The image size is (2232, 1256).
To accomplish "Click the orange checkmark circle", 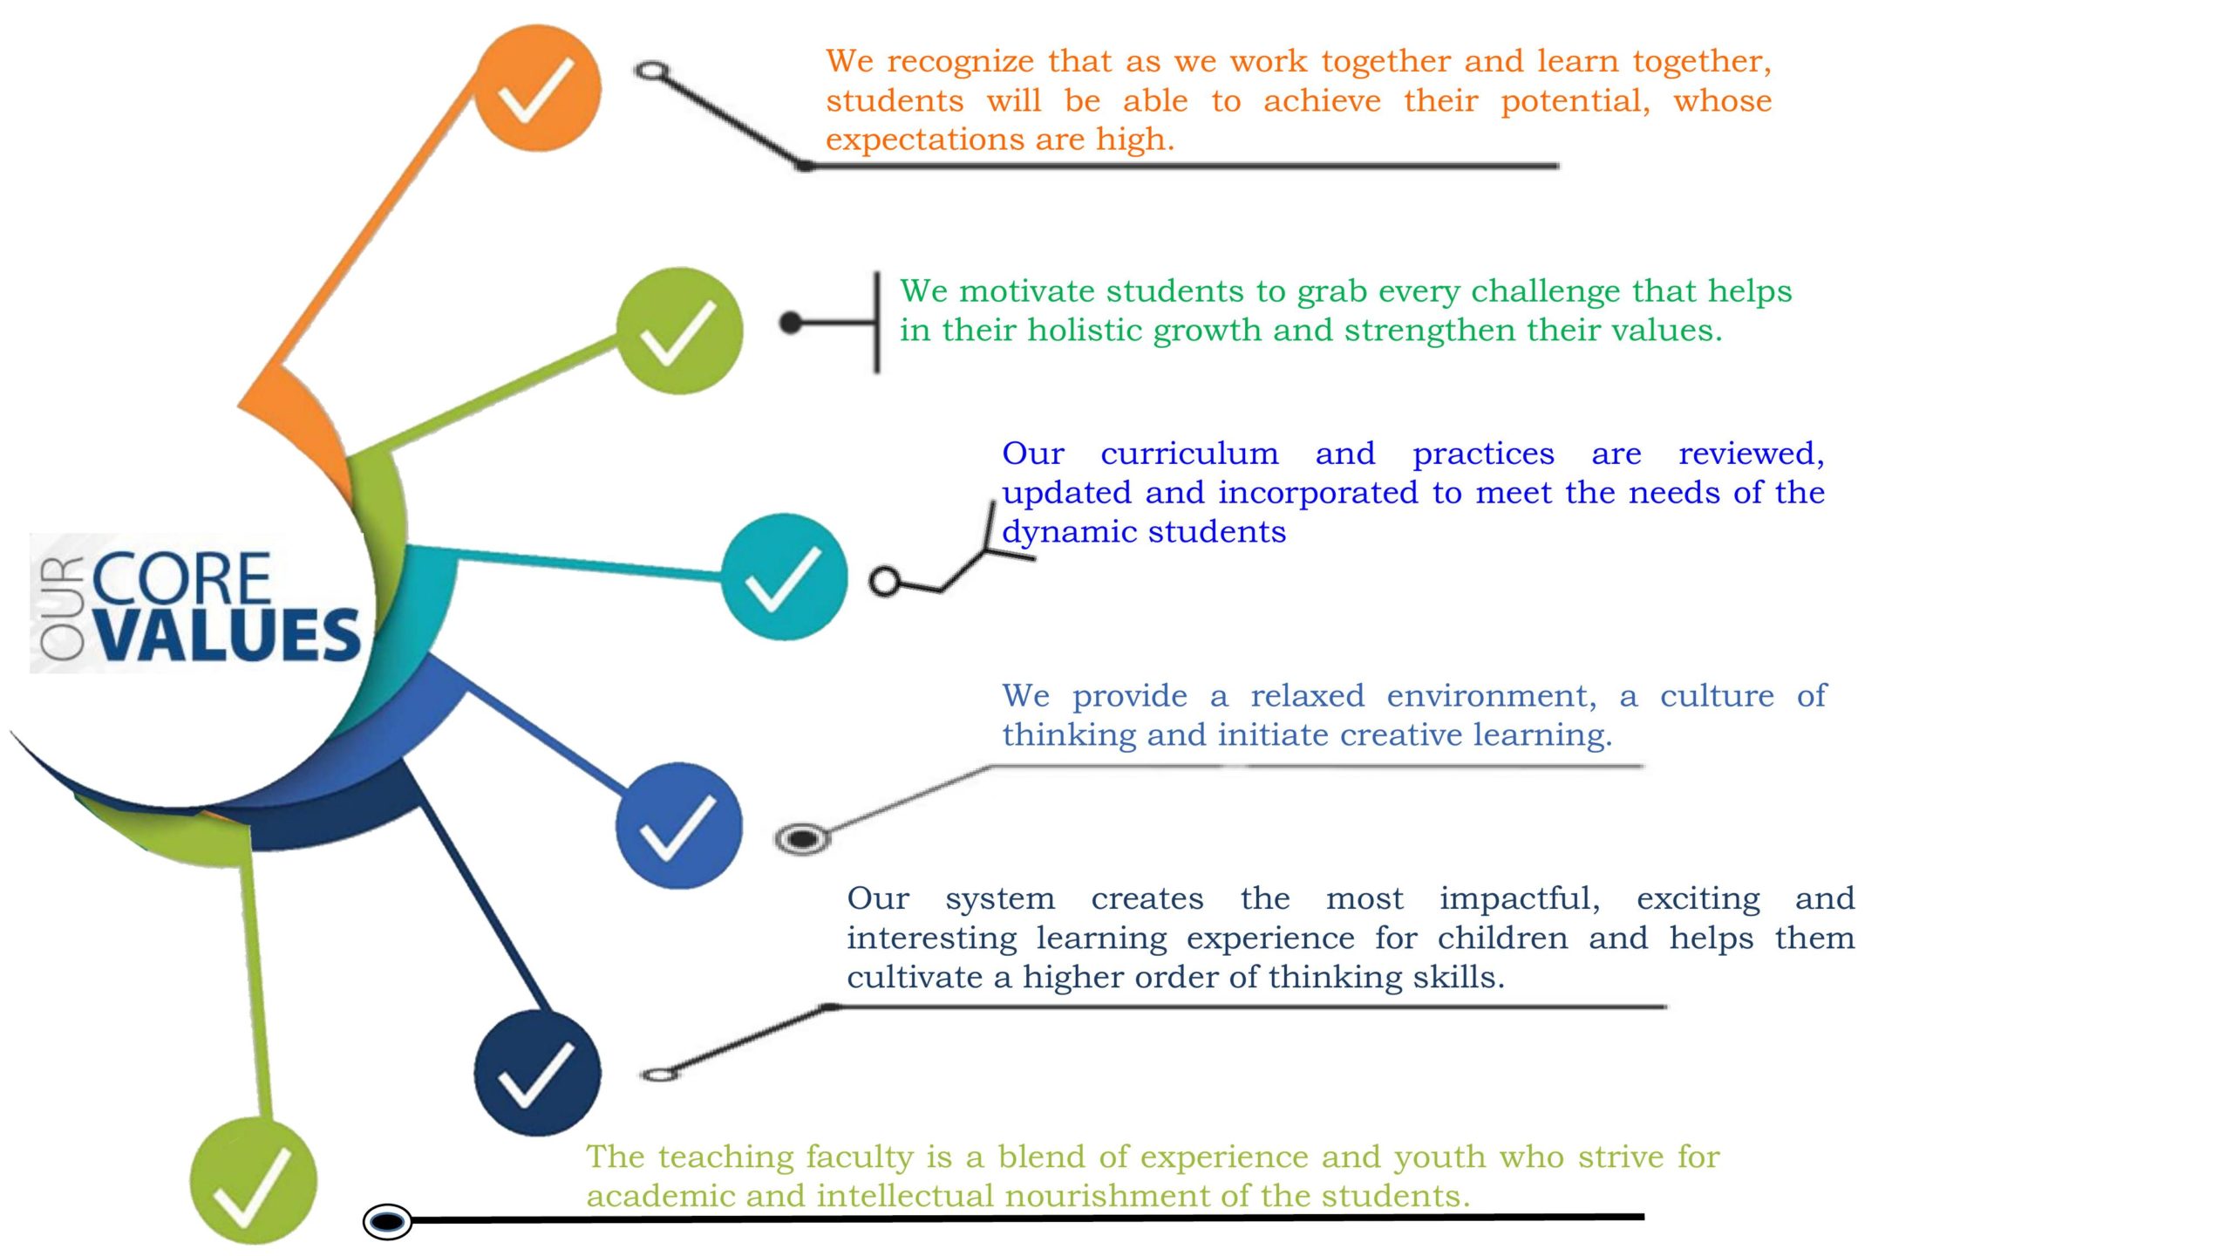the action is [x=537, y=88].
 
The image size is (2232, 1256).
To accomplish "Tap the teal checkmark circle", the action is [x=784, y=577].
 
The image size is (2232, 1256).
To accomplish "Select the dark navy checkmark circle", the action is [x=537, y=1073].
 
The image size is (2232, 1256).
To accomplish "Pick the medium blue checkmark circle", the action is [x=678, y=825].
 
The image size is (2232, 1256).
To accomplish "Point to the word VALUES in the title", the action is [x=228, y=634].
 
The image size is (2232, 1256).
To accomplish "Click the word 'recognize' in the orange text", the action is [x=961, y=61].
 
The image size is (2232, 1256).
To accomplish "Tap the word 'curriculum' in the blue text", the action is [x=1189, y=454].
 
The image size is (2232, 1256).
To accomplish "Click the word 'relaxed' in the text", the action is [x=1307, y=696].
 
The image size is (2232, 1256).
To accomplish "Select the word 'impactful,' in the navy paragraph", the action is [x=1520, y=899].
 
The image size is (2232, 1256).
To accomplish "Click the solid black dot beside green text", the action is [x=791, y=323].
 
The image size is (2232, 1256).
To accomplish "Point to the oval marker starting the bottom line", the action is [x=387, y=1221].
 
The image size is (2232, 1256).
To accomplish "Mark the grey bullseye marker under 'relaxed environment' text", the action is [x=802, y=839].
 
